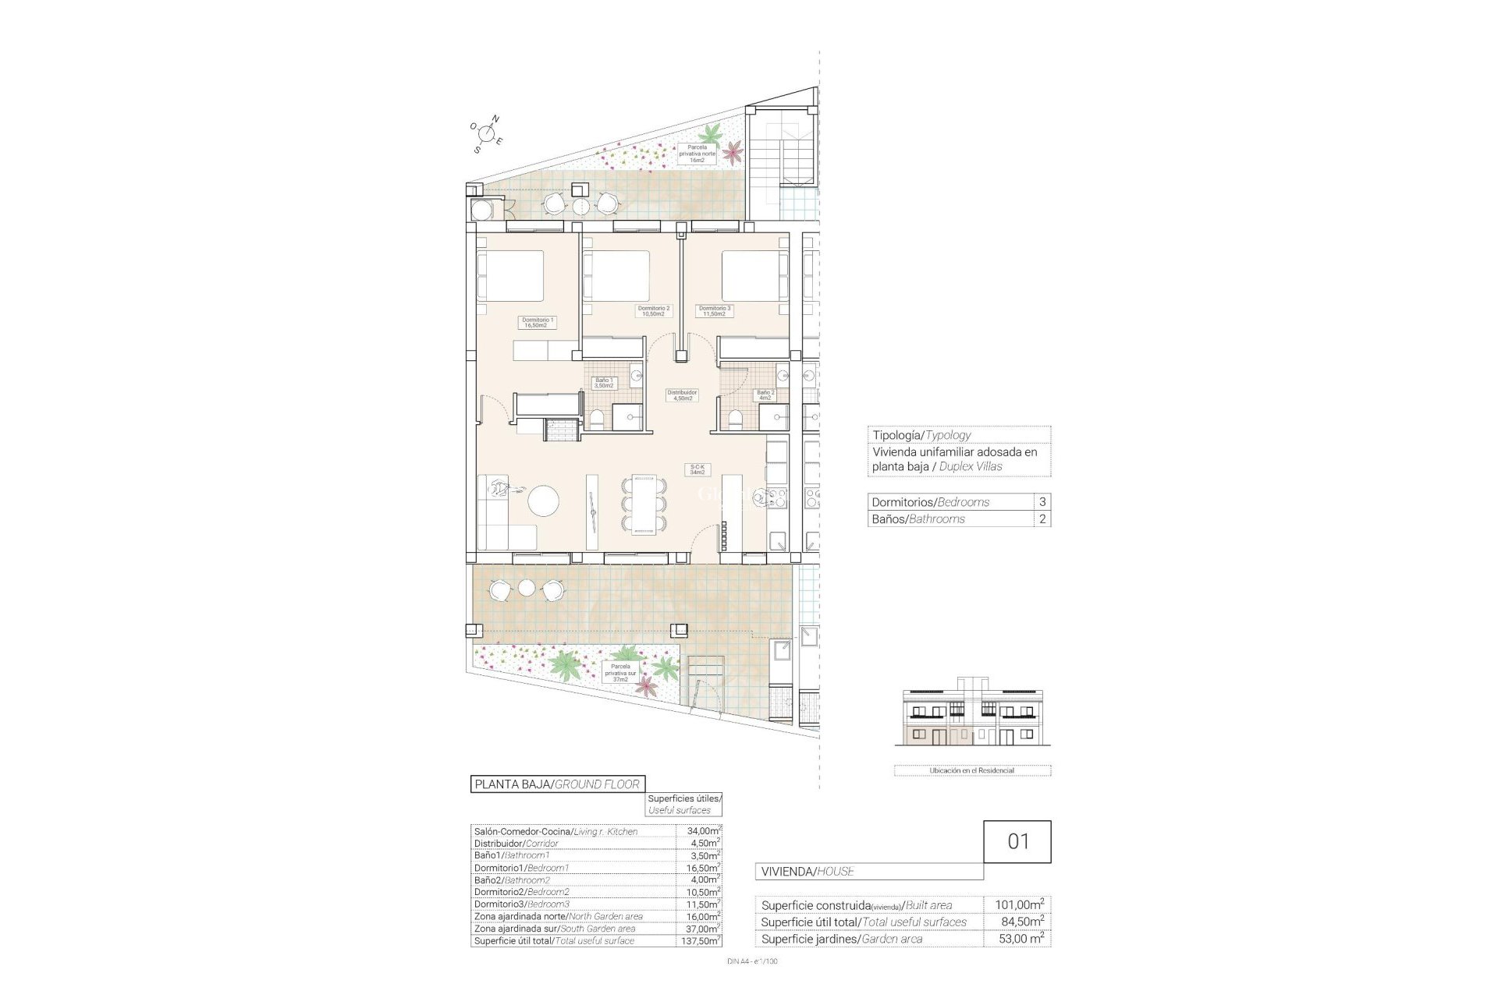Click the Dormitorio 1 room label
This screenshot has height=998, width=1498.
[538, 322]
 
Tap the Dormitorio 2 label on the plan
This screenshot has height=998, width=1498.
[654, 311]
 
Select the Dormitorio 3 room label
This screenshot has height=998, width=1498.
[715, 311]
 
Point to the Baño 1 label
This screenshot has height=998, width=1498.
[604, 383]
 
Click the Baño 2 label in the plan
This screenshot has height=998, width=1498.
[765, 395]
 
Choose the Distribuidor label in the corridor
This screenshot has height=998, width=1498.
[682, 395]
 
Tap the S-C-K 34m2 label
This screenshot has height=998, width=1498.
[697, 469]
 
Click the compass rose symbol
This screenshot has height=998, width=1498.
[487, 133]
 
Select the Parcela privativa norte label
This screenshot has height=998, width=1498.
[697, 154]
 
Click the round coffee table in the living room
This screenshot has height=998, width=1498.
[543, 501]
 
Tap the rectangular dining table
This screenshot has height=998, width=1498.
[644, 505]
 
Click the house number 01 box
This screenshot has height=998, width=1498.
[1017, 841]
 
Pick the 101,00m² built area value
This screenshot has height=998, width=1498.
[1019, 905]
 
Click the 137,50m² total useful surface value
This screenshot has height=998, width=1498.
[699, 941]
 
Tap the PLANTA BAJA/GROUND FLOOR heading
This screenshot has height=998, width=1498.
[557, 784]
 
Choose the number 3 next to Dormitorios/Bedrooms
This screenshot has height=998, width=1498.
[1042, 502]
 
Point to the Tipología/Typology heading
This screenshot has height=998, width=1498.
[921, 435]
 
